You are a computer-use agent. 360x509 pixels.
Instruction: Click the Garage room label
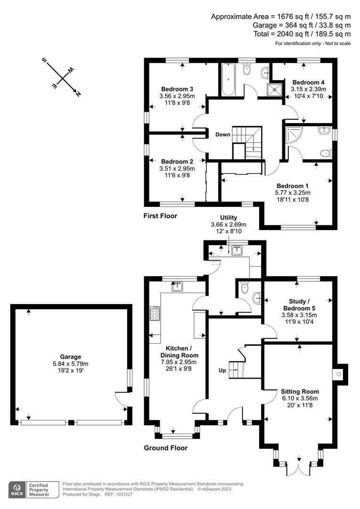70,357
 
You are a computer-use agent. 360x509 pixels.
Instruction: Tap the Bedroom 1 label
293,185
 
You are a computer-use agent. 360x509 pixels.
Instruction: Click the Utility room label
228,217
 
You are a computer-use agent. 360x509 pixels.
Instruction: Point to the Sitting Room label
300,392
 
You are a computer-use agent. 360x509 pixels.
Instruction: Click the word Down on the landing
223,135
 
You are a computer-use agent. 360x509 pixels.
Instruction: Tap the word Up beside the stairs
222,370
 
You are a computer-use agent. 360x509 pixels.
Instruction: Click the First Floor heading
160,216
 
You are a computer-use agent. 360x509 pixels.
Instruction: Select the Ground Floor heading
165,448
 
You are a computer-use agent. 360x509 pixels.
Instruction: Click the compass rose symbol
62,77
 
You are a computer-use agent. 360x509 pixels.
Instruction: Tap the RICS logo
18,488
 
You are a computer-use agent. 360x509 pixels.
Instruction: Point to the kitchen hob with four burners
155,313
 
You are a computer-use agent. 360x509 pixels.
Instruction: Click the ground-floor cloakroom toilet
244,287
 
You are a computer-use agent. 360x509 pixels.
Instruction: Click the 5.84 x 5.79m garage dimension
70,364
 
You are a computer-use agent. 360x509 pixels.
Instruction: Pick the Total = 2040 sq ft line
302,34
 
